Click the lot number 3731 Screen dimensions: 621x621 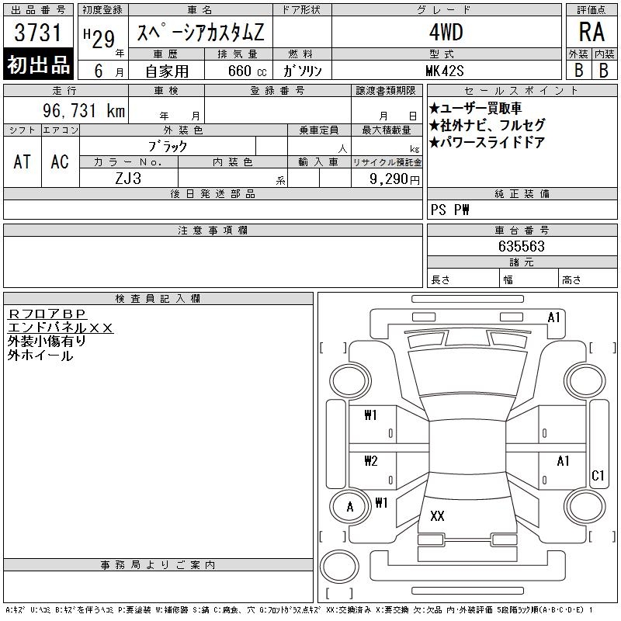38,32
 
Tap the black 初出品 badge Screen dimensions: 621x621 38,64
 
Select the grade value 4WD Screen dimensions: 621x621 446,32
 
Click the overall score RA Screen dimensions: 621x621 592,32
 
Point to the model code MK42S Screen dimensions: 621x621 444,71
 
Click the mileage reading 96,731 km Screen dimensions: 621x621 84,110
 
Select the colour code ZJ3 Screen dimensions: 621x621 128,179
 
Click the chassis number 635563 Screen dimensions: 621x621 522,246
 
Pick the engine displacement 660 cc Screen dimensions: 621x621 247,71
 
